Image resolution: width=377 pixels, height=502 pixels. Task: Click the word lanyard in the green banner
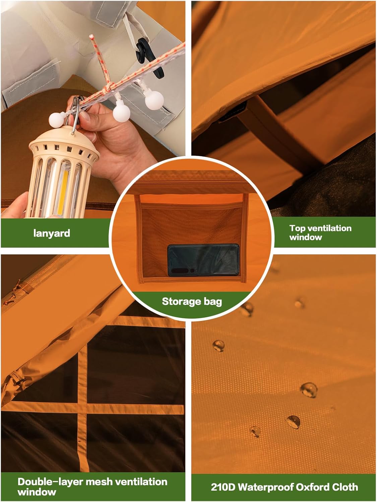click(52, 234)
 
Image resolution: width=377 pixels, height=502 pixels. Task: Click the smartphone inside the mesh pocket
click(203, 260)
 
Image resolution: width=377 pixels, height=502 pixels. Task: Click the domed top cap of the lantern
click(64, 140)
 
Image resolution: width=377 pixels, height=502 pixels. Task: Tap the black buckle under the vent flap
click(232, 111)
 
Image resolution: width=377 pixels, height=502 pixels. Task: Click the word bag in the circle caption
click(213, 302)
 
